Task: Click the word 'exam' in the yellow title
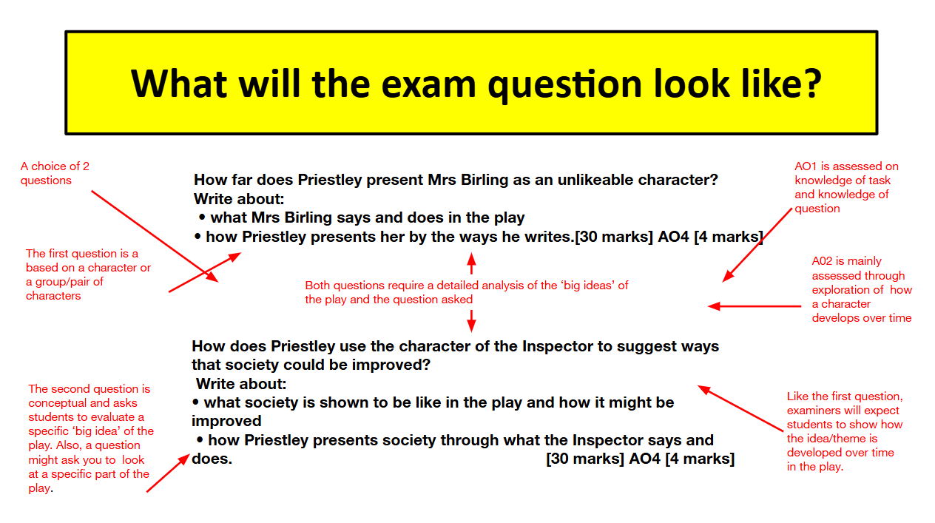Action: (428, 84)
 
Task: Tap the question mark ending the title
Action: (813, 84)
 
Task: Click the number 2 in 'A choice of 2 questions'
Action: (86, 166)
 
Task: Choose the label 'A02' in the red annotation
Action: (823, 261)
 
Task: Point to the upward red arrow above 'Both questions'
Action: (471, 263)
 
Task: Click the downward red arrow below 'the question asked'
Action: (471, 321)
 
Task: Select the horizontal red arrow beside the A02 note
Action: (755, 306)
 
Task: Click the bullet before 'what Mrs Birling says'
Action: (203, 217)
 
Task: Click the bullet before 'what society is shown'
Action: (195, 402)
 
